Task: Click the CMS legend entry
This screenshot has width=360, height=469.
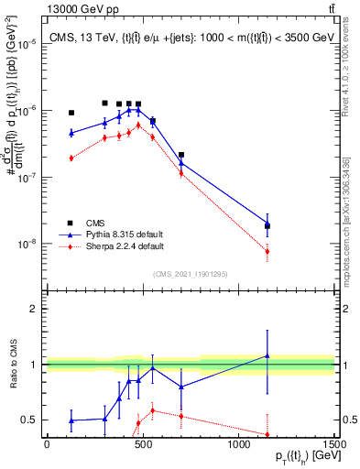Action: pyautogui.click(x=94, y=222)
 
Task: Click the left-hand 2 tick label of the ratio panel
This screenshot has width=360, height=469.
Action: pyautogui.click(x=36, y=309)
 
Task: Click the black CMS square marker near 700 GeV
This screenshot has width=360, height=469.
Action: pyautogui.click(x=181, y=155)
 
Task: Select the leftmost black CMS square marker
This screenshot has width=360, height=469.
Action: pyautogui.click(x=71, y=113)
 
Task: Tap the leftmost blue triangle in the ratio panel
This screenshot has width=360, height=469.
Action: pyautogui.click(x=71, y=420)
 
